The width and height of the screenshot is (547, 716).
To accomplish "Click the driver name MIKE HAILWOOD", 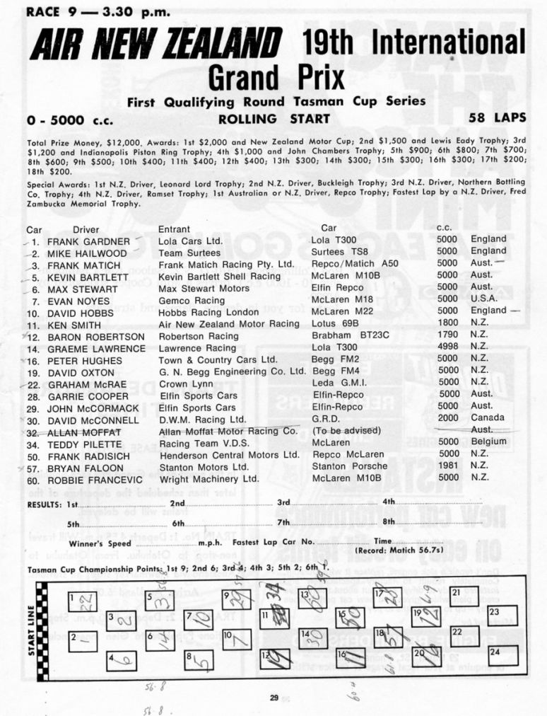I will click(87, 253).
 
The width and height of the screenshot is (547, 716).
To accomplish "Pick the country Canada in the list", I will click(488, 420).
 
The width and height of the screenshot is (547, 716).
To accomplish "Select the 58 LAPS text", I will click(497, 119).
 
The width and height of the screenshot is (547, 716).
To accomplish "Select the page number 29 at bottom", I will click(274, 698).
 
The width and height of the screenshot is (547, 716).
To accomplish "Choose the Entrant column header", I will click(174, 229).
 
